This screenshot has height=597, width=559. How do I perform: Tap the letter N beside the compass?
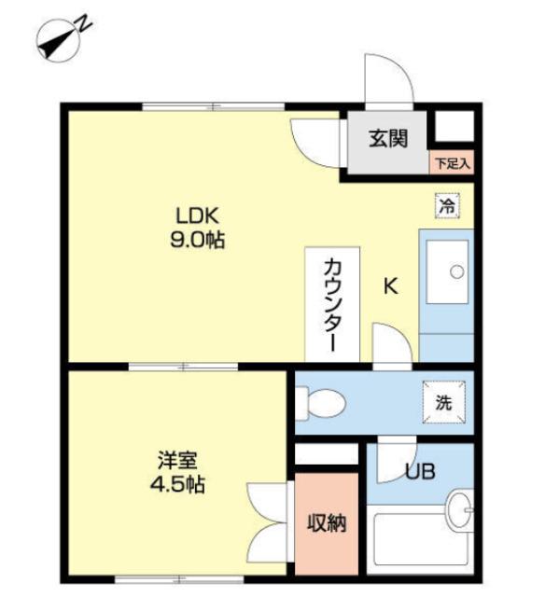[84, 21]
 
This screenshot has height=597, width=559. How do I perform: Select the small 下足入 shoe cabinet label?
[453, 163]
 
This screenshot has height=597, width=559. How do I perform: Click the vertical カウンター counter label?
[330, 303]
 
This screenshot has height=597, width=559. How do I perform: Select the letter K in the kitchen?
[391, 286]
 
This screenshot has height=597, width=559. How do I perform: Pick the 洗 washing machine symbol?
[444, 403]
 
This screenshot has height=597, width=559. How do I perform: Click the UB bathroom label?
[418, 471]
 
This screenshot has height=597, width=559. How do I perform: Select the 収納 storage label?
[327, 523]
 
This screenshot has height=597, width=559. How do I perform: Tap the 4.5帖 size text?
[175, 485]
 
